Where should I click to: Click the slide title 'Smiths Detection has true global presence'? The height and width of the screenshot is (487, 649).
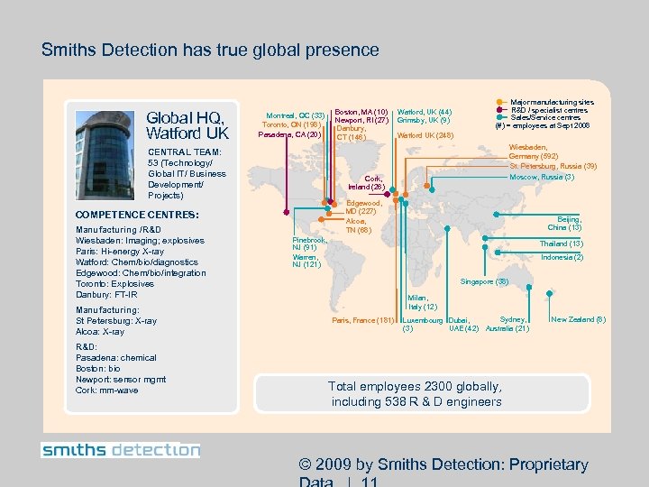pos(210,51)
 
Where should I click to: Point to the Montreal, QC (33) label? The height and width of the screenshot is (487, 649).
pos(295,115)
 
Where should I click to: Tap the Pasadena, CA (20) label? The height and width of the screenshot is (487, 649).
pos(291,135)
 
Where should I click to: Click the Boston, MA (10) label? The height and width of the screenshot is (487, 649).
pos(361,112)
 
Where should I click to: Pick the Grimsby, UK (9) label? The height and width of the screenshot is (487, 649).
pos(423,120)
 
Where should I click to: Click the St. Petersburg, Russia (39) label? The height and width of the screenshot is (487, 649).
pos(553,166)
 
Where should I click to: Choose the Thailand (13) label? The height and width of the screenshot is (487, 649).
pos(561,244)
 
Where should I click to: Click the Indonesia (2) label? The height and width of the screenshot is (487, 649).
pos(562,258)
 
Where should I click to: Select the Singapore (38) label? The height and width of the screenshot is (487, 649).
pos(485,282)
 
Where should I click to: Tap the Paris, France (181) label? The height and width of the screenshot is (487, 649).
pos(363,320)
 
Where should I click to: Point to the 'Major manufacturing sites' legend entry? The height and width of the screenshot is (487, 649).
pos(552,103)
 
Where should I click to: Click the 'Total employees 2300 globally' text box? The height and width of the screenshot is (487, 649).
pos(416,393)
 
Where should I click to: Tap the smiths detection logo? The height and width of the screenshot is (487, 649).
pos(121,450)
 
